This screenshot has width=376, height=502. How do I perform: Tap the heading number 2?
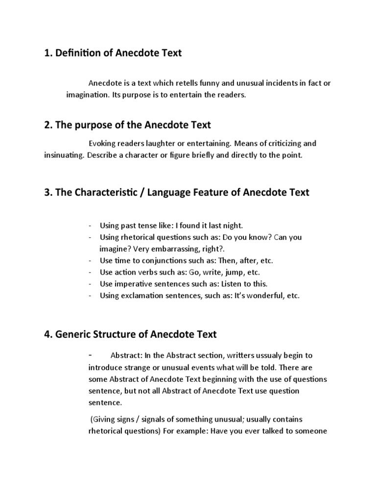point(47,125)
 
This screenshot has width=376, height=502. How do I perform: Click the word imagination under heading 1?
point(87,95)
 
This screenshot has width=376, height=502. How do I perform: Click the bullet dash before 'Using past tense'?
point(91,226)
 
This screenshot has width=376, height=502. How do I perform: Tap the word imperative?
point(134,284)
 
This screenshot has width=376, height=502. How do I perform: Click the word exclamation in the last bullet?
point(145,296)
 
